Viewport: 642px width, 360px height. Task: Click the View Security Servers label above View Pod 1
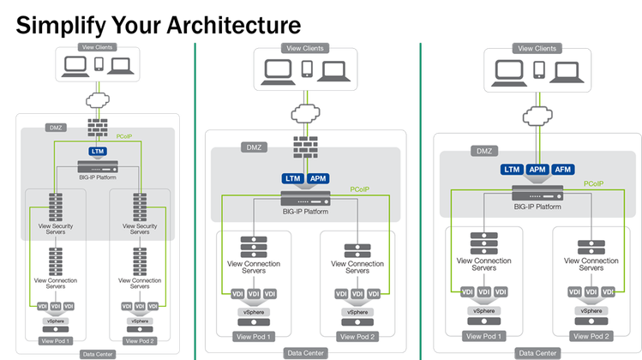tap(58, 229)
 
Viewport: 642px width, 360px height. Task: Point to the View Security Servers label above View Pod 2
tap(139, 229)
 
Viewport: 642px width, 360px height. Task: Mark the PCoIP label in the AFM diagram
tap(597, 183)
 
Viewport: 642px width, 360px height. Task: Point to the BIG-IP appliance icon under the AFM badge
tap(537, 191)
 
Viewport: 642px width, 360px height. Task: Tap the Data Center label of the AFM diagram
tap(537, 352)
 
